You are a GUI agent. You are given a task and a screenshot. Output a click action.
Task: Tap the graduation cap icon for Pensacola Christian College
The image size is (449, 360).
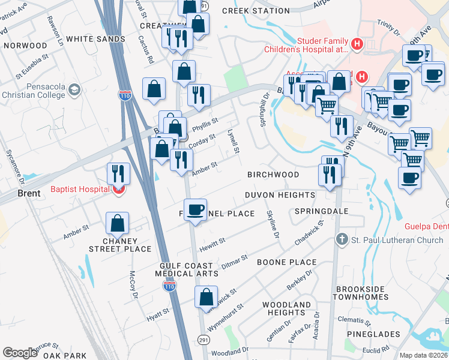click(x=74, y=91)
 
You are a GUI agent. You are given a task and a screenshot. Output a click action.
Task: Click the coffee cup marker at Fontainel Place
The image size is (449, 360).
click(x=196, y=210)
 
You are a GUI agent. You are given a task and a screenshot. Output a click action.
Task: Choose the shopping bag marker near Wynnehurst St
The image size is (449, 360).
click(x=206, y=297)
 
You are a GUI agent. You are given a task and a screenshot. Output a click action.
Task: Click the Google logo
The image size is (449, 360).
click(x=20, y=353)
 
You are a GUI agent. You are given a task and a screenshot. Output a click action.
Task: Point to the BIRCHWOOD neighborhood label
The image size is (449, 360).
click(x=273, y=175)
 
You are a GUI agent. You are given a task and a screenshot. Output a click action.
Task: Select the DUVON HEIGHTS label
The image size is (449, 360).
click(x=280, y=195)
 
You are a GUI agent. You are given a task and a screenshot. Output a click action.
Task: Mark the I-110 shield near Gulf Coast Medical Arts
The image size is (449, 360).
click(x=170, y=287)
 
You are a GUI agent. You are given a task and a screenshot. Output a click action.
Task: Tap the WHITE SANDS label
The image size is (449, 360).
click(x=95, y=39)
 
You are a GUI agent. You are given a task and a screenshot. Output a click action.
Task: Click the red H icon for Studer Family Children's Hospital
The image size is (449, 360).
click(x=357, y=44)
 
